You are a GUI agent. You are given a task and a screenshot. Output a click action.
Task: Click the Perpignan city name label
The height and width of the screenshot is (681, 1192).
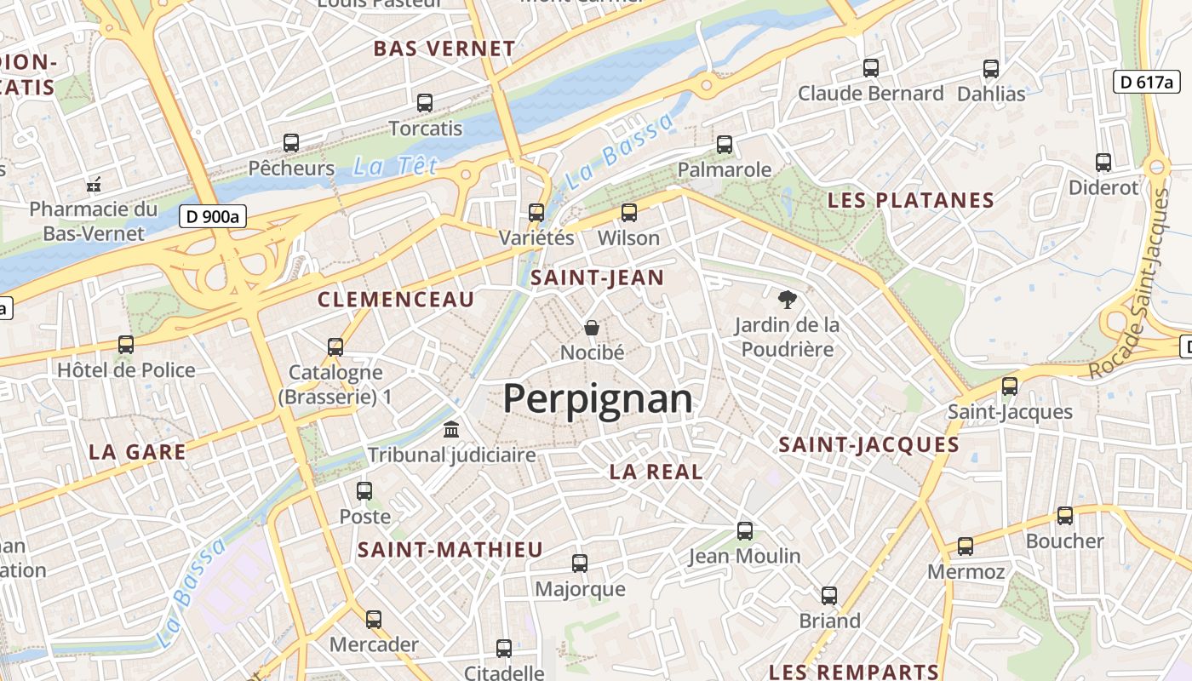(598, 398)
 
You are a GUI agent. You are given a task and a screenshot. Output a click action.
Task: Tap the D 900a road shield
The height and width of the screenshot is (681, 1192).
(213, 217)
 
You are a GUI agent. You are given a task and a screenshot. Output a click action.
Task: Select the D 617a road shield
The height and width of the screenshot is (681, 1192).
(1147, 82)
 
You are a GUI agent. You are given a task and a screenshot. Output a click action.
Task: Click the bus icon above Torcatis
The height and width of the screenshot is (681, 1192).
(425, 103)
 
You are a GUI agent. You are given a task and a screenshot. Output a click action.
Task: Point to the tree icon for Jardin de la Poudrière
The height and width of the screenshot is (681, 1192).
(787, 299)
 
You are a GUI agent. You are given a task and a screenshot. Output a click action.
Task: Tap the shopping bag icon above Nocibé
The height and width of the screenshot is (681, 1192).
(592, 327)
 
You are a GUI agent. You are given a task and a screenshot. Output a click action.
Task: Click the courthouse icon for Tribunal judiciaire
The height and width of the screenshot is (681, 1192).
(451, 429)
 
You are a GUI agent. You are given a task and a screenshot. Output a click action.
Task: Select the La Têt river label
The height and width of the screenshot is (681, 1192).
(395, 166)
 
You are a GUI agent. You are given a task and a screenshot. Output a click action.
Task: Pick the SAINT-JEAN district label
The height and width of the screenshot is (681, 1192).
(597, 278)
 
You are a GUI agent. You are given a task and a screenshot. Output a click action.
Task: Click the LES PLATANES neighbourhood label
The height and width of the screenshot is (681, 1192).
(911, 201)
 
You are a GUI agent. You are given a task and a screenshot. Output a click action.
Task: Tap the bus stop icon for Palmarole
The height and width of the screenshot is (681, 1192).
(725, 145)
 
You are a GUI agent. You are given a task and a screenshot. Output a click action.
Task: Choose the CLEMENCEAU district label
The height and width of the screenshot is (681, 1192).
(396, 300)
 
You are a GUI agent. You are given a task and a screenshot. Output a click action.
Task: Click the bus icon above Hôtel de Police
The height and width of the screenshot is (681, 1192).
(126, 345)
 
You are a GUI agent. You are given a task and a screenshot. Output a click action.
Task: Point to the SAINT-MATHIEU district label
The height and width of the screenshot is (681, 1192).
(450, 550)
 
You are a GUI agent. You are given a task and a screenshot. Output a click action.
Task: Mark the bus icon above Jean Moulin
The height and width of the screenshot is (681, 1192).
(745, 531)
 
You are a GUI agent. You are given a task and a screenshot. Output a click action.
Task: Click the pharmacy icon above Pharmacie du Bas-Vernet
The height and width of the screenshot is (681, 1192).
(94, 184)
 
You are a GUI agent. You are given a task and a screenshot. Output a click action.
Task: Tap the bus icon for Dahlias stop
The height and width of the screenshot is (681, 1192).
(991, 69)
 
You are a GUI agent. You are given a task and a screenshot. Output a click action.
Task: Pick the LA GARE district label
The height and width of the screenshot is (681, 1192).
(137, 452)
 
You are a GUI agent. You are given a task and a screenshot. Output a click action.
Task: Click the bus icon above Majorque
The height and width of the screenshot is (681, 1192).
(580, 564)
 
